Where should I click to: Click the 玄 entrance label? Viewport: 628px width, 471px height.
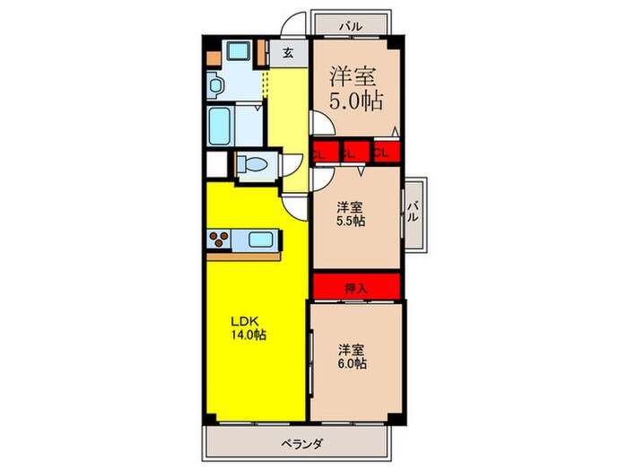point(288,53)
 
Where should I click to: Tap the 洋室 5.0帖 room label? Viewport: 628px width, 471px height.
point(356,89)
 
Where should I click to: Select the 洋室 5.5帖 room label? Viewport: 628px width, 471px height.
point(351,214)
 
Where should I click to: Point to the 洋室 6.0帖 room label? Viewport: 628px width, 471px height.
point(353,356)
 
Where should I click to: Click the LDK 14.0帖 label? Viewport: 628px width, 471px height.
point(248,327)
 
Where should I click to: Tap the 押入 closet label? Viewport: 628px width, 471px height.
point(356,288)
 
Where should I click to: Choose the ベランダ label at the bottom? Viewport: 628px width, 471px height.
point(301,444)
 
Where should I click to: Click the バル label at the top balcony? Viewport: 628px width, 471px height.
point(351,27)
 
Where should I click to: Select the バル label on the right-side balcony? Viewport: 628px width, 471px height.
point(413,213)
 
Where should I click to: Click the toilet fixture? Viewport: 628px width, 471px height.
point(252,164)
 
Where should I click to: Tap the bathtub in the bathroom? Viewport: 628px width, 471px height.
point(220,126)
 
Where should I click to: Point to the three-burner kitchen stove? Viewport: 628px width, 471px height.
point(219,240)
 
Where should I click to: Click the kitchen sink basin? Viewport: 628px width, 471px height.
point(261,240)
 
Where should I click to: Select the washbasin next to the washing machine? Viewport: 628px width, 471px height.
point(215,85)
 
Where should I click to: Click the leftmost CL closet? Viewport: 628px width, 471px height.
point(325,153)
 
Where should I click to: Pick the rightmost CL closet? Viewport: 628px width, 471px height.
point(388,152)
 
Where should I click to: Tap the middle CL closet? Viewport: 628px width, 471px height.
point(355,153)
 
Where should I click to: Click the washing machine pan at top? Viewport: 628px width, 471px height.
point(239,51)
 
